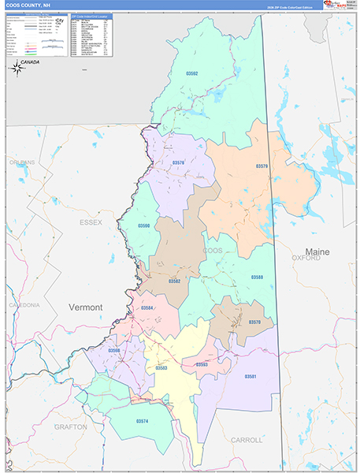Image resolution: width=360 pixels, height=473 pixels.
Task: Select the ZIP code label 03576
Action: coord(178,163)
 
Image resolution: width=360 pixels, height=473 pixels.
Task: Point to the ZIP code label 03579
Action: coord(262,166)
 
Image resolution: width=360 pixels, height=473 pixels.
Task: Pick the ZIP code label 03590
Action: coord(143,225)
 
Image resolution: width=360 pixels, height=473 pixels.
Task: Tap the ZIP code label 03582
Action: coord(174,280)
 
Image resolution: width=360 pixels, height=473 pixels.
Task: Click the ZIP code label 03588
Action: coord(258,277)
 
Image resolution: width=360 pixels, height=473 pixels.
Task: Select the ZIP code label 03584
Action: coord(147,308)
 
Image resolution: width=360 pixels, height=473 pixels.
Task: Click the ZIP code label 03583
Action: coord(161,367)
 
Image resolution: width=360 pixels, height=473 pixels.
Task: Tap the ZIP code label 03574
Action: coord(142,421)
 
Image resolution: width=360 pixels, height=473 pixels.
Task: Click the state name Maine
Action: coord(317,251)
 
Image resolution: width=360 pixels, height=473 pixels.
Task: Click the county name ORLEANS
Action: coord(23,162)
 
